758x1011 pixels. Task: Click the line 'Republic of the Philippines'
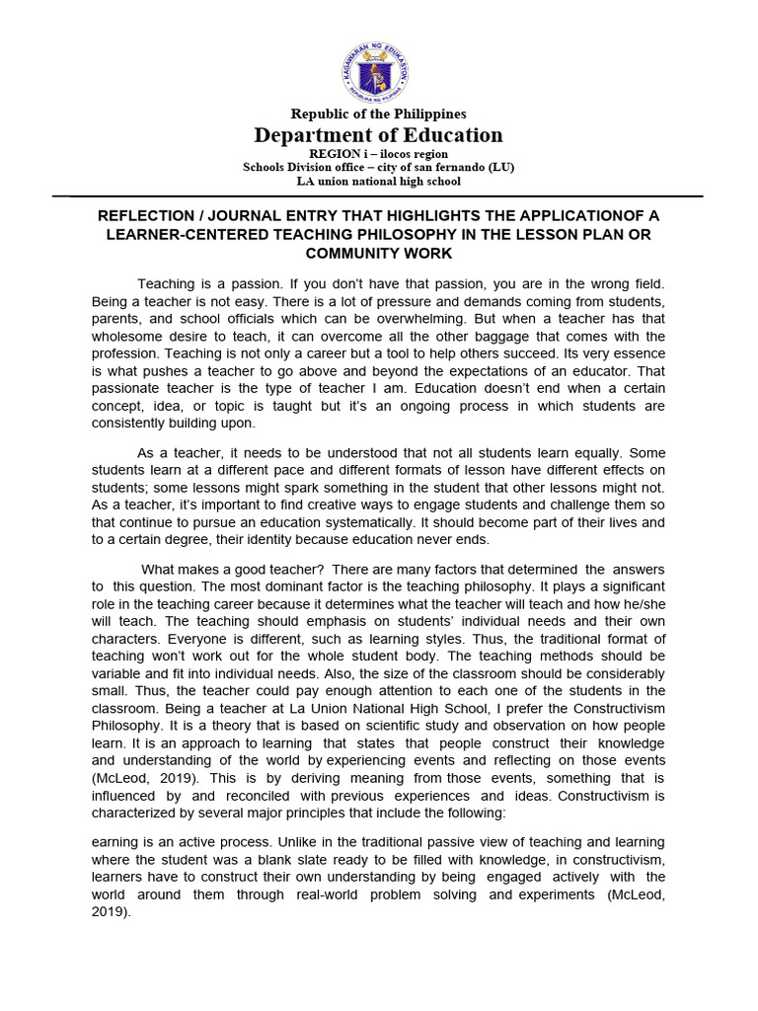click(x=379, y=115)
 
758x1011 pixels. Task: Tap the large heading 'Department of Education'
click(x=379, y=135)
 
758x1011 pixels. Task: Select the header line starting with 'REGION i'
click(x=379, y=154)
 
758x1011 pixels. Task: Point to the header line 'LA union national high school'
click(x=379, y=181)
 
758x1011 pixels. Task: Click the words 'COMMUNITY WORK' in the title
click(x=379, y=254)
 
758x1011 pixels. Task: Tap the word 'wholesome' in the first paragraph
click(x=130, y=337)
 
